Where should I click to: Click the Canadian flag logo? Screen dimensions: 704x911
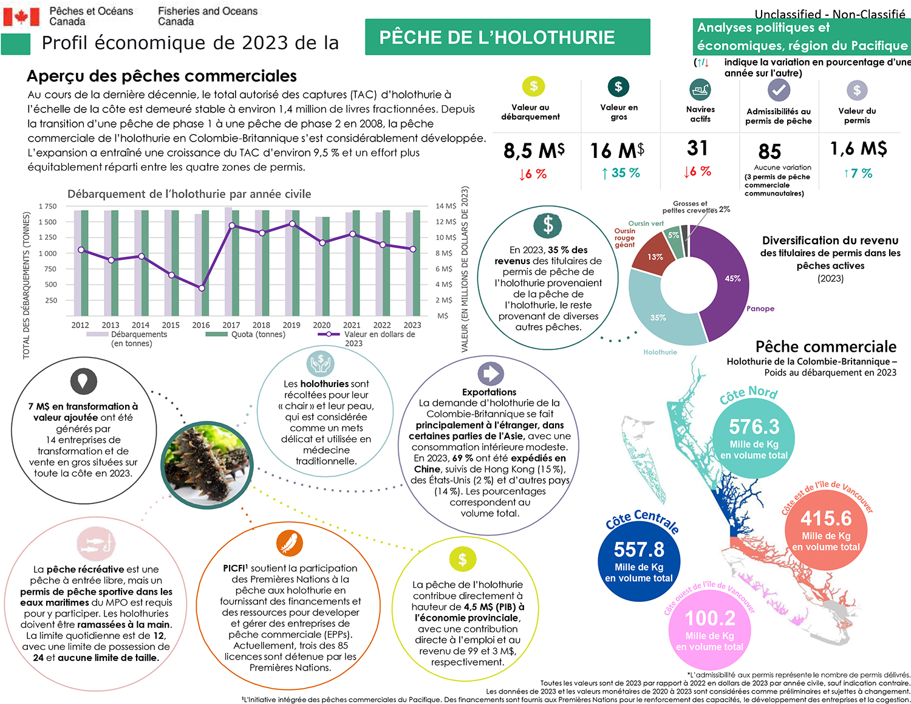[21, 17]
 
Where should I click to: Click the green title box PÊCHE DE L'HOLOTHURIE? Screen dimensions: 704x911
[507, 37]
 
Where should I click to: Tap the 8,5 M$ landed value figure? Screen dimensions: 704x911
[534, 151]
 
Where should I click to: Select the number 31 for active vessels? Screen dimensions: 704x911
[697, 148]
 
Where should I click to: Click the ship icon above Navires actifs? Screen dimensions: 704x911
[700, 91]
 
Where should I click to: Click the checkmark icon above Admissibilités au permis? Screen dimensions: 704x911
[778, 91]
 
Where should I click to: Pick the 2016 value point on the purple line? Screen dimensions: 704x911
[202, 288]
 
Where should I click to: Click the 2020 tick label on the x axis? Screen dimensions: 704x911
[321, 325]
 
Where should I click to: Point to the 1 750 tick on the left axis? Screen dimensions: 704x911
[47, 207]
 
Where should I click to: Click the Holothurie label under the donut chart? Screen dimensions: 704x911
[660, 352]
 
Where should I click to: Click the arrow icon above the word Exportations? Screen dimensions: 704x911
[490, 374]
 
